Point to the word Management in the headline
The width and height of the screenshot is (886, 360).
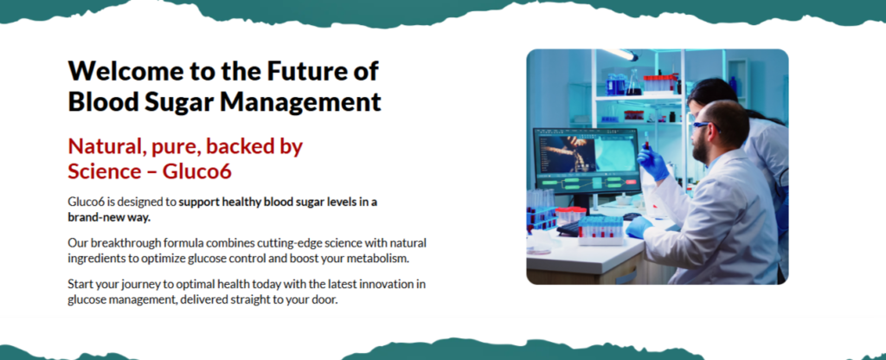pos(300,103)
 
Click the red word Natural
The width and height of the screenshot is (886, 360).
pos(104,147)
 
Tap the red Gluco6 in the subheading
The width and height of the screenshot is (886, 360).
pos(197,171)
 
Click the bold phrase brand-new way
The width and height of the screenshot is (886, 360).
pos(109,217)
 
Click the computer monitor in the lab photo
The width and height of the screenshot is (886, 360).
pos(586,161)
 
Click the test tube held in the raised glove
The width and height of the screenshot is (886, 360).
pos(645,142)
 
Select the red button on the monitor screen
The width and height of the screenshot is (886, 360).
pos(631,183)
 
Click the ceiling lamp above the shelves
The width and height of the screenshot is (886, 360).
pos(620,55)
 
